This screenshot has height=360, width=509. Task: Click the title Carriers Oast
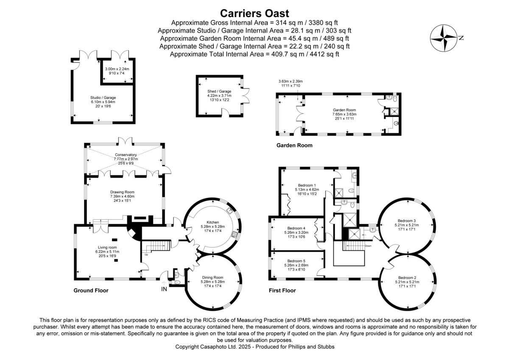click(254, 13)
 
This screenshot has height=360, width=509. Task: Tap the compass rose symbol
click(443, 37)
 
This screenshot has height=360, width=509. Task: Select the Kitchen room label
click(212, 222)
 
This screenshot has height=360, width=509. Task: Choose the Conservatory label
click(126, 155)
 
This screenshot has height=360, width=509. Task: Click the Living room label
click(106, 247)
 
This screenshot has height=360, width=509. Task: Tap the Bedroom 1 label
click(307, 185)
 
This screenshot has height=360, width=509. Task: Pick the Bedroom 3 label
click(407, 220)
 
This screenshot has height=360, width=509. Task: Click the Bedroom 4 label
click(296, 228)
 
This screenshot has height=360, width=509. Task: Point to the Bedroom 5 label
click(296, 261)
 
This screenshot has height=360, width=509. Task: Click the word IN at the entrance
click(164, 289)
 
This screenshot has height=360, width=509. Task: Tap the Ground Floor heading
click(91, 291)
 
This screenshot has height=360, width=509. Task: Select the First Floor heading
click(282, 291)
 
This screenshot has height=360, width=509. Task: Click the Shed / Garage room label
click(219, 91)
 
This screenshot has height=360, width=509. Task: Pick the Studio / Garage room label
click(103, 97)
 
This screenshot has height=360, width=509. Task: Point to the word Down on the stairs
click(368, 245)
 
